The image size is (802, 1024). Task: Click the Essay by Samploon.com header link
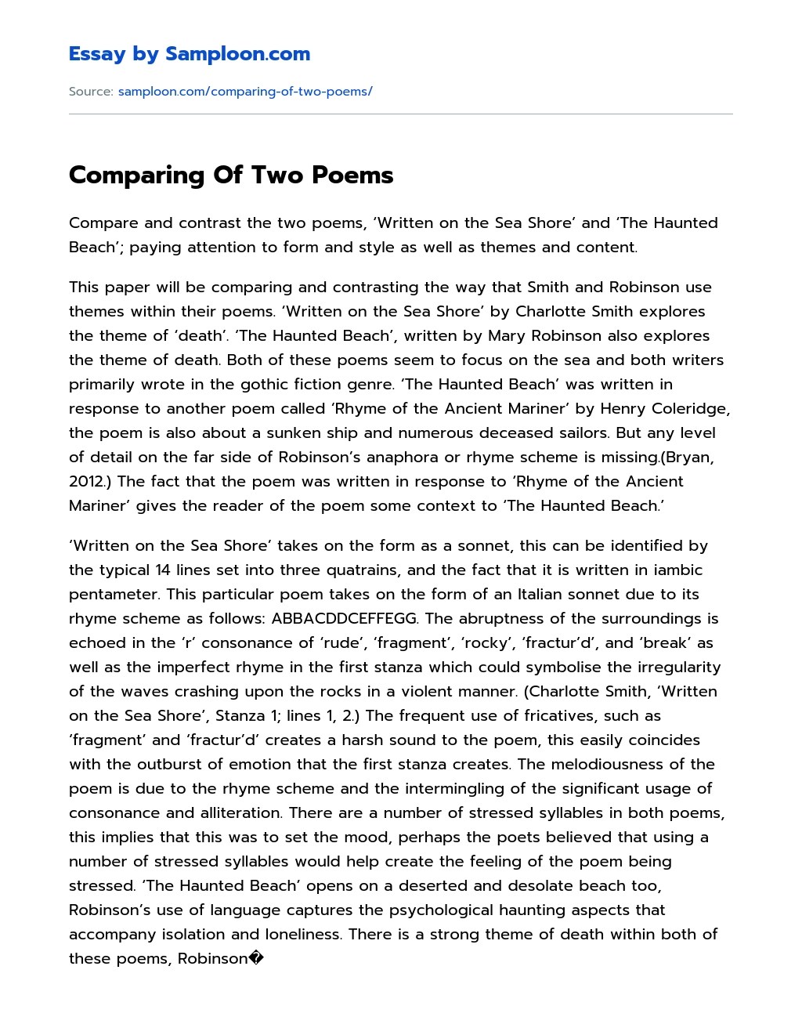coord(189,54)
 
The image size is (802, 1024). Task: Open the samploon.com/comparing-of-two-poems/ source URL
coord(244,92)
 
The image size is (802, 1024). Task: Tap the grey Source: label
coord(91,92)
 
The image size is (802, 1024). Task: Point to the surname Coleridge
coord(695,408)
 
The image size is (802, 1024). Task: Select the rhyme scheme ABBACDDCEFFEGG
coord(344,618)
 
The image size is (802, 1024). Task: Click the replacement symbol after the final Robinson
coord(259,958)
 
